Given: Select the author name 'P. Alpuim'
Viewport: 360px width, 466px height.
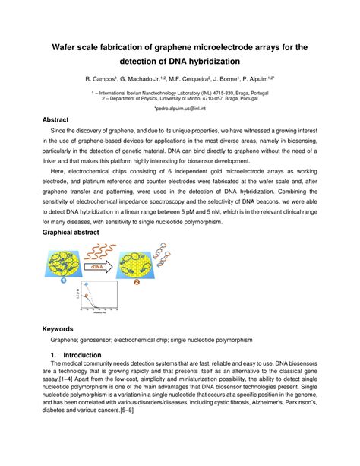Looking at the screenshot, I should [x=257, y=78].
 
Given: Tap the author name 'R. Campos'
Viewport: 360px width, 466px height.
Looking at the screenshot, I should [x=99, y=78].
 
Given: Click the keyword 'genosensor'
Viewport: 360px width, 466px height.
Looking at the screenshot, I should [x=109, y=340].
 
